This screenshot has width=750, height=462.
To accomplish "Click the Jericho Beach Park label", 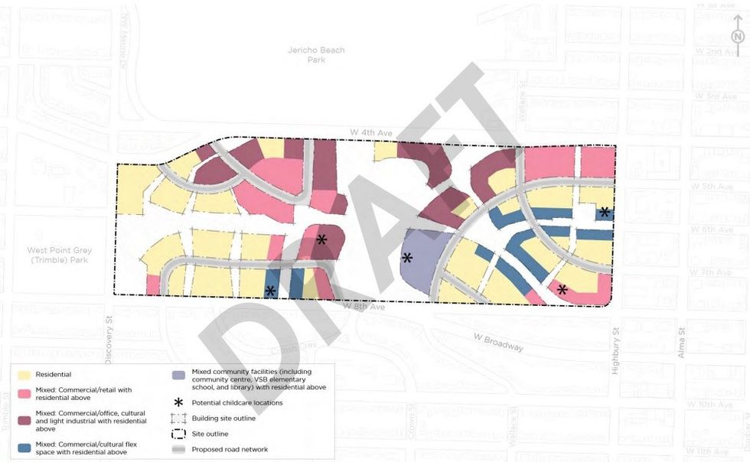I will [316, 55].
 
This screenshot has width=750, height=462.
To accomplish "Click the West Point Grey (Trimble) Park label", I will [58, 255].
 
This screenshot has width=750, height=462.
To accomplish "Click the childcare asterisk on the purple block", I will [407, 259].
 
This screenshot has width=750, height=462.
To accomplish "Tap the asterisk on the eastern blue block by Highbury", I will [605, 212].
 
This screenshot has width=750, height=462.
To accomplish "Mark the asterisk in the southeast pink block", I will [562, 289].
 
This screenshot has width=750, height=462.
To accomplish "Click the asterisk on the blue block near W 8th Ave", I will [270, 291].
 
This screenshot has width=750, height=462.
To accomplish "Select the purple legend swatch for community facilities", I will [178, 375].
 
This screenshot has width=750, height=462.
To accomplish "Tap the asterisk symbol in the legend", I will [178, 402].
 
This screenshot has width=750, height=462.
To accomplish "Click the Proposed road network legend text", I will [230, 449].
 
